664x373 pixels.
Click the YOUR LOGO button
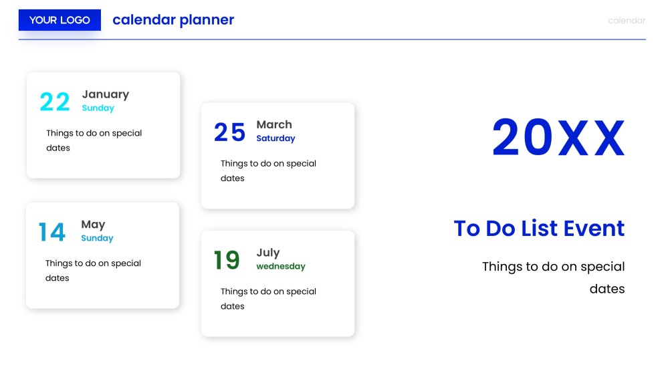60,20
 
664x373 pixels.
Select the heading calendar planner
173,20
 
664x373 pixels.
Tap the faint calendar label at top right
626,21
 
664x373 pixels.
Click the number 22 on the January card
55,102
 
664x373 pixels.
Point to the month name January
105,94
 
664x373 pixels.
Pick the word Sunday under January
98,108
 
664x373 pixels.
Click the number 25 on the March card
229,132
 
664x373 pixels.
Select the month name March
273,124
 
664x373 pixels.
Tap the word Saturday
275,138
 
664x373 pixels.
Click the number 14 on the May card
52,233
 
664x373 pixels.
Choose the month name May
93,225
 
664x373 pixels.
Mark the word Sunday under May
97,239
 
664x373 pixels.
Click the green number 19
227,261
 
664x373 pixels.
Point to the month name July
267,253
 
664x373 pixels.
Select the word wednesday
280,267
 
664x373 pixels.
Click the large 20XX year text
558,138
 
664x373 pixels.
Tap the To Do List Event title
539,229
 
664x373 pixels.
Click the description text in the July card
268,299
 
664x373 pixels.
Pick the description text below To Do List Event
554,277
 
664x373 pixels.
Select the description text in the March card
268,170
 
